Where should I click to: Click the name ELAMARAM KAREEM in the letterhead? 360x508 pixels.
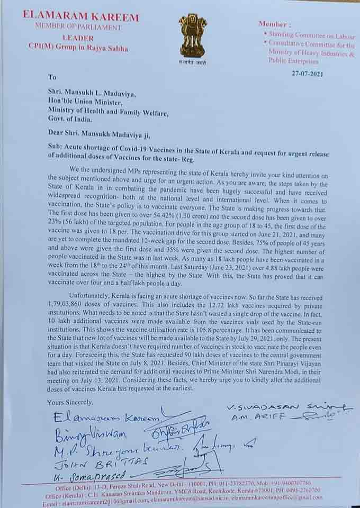click(80, 17)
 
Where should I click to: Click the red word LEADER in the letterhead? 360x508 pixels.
click(78, 38)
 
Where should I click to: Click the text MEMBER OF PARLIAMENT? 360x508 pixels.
click(78, 27)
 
